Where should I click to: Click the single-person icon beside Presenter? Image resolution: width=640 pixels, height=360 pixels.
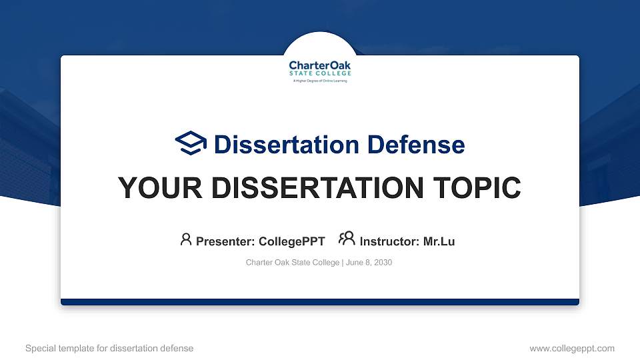tap(186, 239)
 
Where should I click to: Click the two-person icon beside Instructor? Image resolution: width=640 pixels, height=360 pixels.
tap(347, 239)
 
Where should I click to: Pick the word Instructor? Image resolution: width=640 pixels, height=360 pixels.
tap(389, 241)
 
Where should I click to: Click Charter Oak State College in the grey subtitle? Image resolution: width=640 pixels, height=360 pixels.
tap(293, 263)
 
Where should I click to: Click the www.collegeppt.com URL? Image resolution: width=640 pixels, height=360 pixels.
tap(572, 348)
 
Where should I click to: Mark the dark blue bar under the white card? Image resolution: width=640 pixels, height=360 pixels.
tap(320, 302)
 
